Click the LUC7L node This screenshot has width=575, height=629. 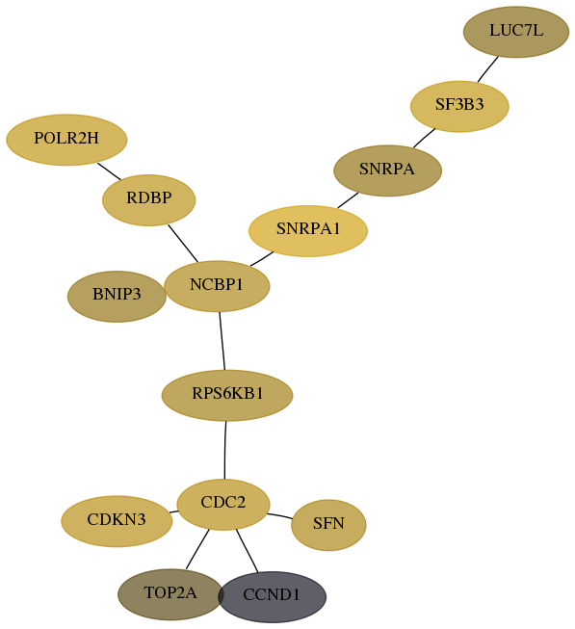[x=515, y=32]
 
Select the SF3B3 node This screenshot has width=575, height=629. [x=459, y=106]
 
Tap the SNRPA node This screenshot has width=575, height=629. [x=388, y=170]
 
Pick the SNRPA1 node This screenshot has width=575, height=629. [x=308, y=230]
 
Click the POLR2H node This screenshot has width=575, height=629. [x=66, y=140]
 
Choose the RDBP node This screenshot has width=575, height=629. [x=148, y=199]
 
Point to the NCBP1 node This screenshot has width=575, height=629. [x=217, y=286]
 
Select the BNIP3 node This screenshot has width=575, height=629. [x=117, y=297]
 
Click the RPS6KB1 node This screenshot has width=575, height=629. [x=227, y=395]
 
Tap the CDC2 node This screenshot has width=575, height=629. [x=223, y=504]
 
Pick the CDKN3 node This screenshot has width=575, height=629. [x=117, y=521]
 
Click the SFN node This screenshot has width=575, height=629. [x=328, y=525]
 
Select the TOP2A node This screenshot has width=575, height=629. [x=170, y=594]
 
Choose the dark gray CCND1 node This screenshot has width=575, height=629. [x=272, y=596]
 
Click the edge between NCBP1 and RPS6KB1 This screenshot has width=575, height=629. [x=222, y=341]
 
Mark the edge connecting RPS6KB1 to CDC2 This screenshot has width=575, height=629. [x=225, y=450]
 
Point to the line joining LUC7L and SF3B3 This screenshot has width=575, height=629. [x=488, y=69]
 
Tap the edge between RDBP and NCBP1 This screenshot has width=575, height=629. [x=183, y=244]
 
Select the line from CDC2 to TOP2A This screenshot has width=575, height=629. [x=197, y=549]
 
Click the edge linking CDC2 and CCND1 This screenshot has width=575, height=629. [x=247, y=551]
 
